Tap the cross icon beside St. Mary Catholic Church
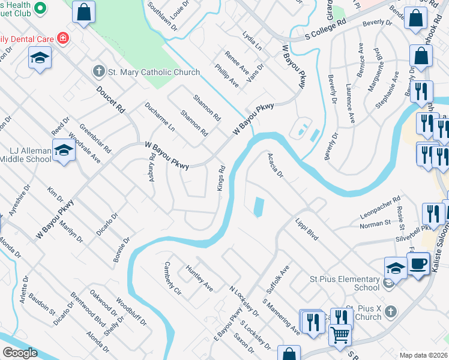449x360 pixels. tap(99, 72)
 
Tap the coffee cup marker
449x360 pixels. tap(418, 262)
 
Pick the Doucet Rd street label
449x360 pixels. tap(110, 99)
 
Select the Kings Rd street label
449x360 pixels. tap(221, 178)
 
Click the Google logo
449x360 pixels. tap(20, 353)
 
